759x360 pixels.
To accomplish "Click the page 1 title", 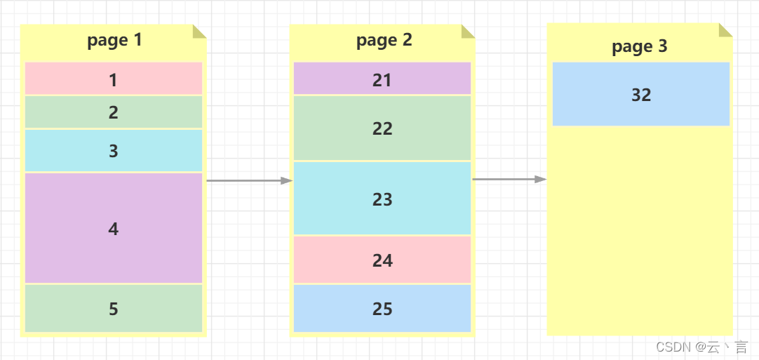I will pos(114,41).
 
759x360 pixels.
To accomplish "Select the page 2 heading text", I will pos(384,41).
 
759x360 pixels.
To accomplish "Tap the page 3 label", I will pos(639,47).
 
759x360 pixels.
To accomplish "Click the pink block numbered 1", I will pos(114,79).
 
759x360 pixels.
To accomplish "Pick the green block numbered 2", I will pos(114,112).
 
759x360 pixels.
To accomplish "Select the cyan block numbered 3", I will pos(114,151).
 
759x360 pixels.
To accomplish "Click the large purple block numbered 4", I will pos(114,228).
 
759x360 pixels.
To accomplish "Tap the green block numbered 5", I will pos(114,308).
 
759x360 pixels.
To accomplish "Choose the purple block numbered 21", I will pos(382,79).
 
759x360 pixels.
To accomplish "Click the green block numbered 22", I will pos(382,128).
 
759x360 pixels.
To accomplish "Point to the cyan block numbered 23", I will pos(382,199).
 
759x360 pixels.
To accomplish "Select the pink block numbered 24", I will pos(382,260).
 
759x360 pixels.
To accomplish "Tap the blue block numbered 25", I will pos(382,308).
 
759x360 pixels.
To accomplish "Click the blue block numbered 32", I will pos(641,95).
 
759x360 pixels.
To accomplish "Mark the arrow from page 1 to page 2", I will pos(248,180).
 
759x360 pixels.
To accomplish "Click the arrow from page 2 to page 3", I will pos(509,179).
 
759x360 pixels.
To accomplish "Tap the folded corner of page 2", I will pos(469,31).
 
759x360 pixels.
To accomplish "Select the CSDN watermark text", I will pos(701,347).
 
